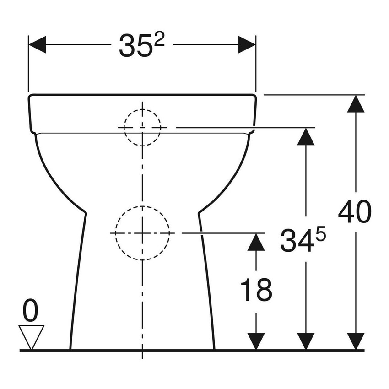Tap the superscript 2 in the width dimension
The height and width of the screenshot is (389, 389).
coord(158,40)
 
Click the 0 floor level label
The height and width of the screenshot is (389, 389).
coord(31,312)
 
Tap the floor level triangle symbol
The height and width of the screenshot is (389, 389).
coord(31,336)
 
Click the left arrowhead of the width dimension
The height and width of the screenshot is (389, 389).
coord(38,45)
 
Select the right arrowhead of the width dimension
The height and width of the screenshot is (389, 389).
coord(247,45)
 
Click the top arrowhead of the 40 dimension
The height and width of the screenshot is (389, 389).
coord(356,104)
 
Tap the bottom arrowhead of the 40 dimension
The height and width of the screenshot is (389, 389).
coord(356,341)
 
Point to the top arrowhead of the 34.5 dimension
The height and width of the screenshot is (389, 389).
coord(306,136)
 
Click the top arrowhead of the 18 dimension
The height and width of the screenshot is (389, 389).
coord(256,242)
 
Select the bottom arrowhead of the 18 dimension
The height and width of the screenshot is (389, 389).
coord(256,341)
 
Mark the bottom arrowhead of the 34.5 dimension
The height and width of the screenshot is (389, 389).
coord(306,341)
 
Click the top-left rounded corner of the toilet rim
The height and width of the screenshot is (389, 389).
coord(31,97)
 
